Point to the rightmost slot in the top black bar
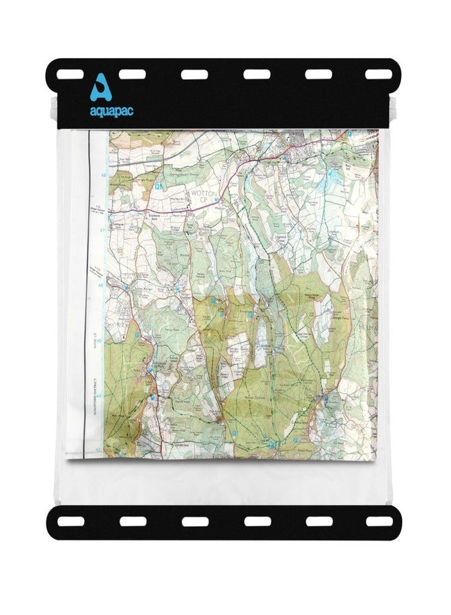click(379, 73)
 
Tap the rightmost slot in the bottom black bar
click(379, 521)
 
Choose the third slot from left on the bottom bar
click(195, 521)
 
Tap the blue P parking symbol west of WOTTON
click(158, 186)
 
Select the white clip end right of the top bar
click(398, 108)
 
